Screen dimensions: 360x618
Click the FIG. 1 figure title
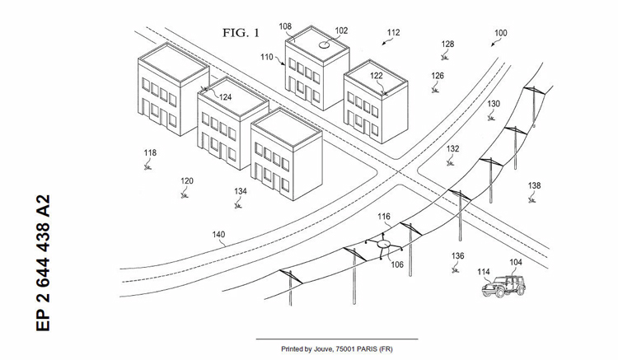point(241,34)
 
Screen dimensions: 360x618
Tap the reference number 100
point(500,34)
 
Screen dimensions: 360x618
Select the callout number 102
point(341,30)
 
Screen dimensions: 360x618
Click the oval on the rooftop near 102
point(325,46)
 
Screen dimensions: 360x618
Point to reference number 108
point(285,26)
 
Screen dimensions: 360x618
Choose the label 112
point(393,33)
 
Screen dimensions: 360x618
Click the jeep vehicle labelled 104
point(502,285)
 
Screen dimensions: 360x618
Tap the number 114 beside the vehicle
point(484,271)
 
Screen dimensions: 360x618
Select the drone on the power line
point(382,245)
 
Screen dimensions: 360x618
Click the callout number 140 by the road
point(218,235)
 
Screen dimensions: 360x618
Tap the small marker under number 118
point(148,166)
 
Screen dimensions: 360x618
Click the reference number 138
point(534,186)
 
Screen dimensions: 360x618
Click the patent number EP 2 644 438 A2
point(44,263)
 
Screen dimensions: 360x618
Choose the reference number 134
point(240,191)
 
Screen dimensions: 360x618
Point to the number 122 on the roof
point(376,76)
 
